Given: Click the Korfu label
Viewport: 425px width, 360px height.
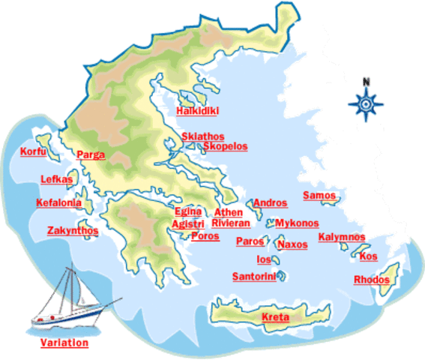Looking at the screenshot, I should point(34,152).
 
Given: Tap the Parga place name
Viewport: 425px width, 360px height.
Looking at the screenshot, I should point(90,156).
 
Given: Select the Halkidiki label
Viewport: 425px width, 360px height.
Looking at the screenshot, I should point(196,112).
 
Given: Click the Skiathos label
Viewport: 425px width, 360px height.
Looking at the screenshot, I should point(202,136).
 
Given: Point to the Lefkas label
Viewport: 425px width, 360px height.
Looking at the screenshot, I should point(56,179).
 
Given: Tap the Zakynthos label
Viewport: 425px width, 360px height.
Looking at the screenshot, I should point(72,230).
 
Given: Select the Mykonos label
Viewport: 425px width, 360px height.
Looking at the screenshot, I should point(297,223).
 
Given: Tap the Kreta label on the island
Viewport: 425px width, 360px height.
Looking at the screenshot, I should point(275,318).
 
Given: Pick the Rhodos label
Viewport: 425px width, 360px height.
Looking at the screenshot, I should point(372,280).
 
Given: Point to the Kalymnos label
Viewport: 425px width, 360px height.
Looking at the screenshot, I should point(342,237).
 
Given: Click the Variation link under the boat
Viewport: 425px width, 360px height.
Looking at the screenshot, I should point(64,343).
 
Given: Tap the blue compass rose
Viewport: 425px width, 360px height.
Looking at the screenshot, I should point(366,104).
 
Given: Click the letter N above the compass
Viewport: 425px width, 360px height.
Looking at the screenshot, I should point(366,81).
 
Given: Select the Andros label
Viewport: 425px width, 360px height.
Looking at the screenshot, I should point(271,202).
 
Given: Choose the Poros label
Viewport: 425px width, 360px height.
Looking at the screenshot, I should point(205,235).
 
